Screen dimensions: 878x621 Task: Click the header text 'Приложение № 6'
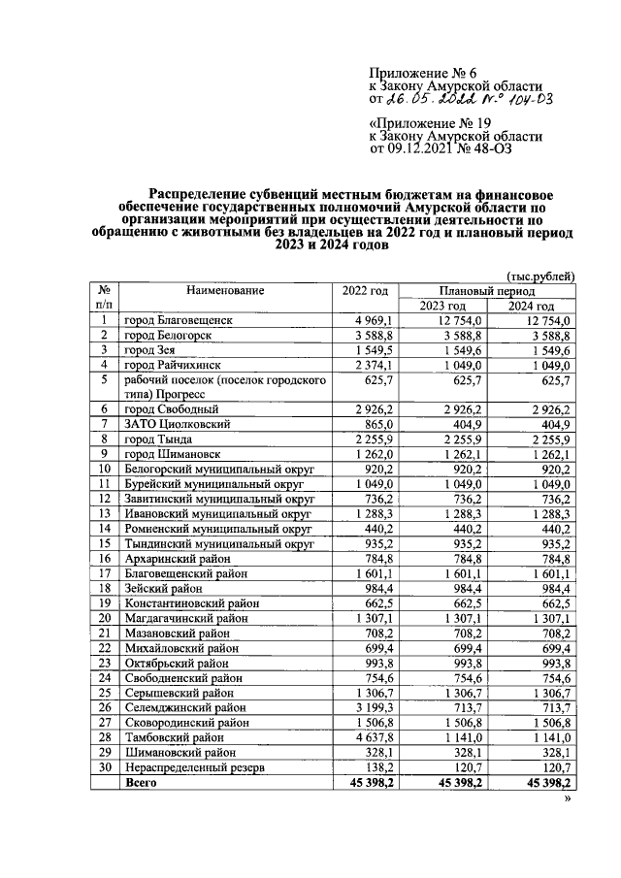424,74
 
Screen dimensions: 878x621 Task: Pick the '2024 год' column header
539,306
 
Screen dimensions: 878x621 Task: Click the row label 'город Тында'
156,439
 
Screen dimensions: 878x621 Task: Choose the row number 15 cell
102,542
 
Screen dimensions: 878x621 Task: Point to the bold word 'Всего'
142,781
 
